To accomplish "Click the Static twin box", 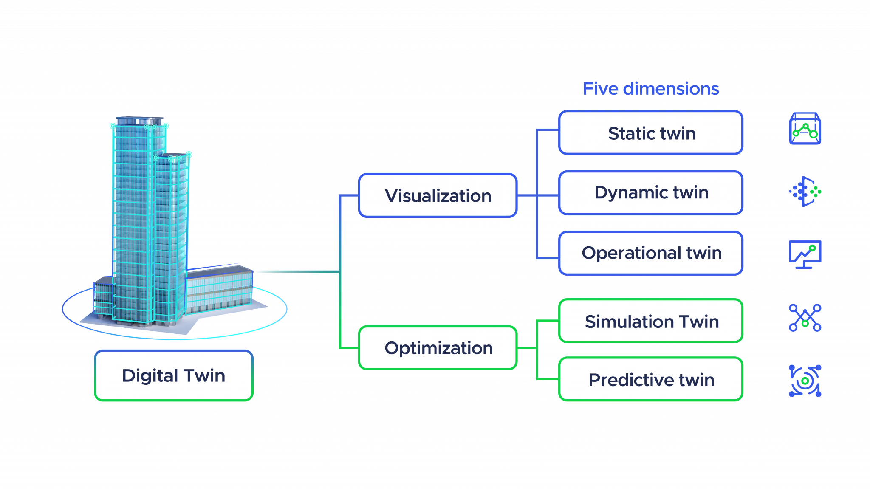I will [651, 133].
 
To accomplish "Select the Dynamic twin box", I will [651, 193].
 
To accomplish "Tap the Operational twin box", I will [651, 253].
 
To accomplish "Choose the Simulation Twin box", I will [651, 321].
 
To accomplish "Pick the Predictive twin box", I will [651, 379].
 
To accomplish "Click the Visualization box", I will [438, 196].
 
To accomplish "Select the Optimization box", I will [438, 348].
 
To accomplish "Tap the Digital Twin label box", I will [174, 375].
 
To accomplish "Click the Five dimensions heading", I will [651, 89].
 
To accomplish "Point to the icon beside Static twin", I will [805, 129].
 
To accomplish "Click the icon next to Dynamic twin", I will [805, 192].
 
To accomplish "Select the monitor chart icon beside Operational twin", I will [805, 254].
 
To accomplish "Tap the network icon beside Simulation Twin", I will [805, 317].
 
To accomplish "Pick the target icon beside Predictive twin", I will [805, 381].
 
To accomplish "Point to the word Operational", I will [632, 253].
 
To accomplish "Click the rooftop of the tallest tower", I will [139, 121].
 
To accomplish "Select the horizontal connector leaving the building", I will [297, 271].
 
